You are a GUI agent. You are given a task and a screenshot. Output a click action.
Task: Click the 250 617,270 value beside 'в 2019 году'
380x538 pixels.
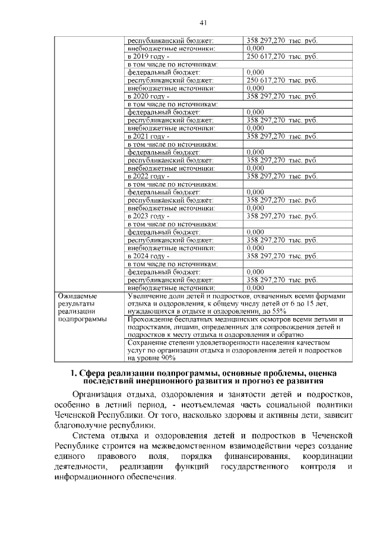pos(266,56)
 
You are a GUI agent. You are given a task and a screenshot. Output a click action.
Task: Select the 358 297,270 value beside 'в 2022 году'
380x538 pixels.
pos(266,176)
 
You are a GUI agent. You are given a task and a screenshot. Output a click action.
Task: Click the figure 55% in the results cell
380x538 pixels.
pos(279,311)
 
